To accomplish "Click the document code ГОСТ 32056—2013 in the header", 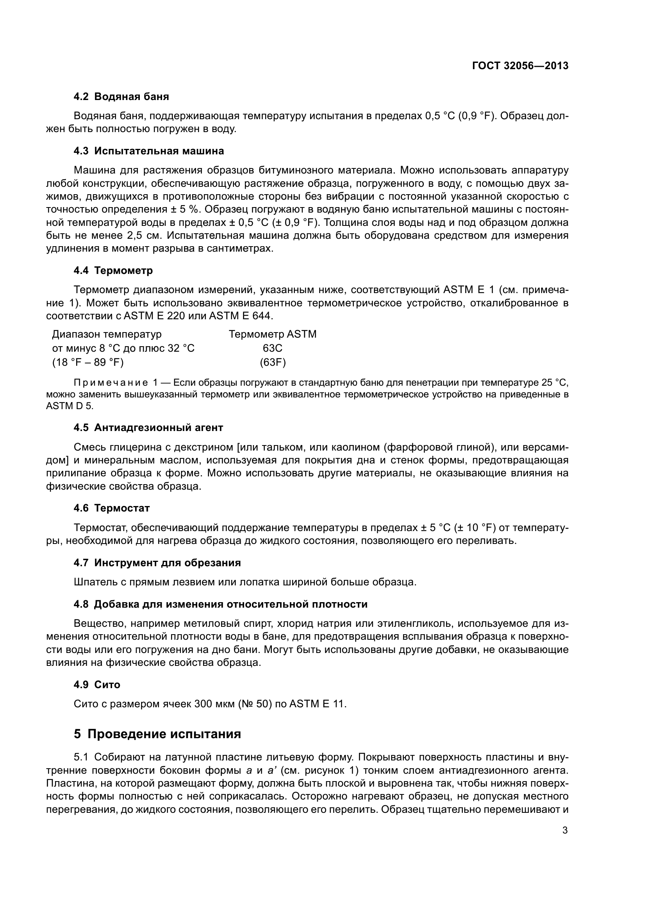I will click(x=520, y=66).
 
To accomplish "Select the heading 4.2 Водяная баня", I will click(x=121, y=97).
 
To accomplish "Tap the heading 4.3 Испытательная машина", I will click(x=149, y=151).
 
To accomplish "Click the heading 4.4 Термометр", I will click(x=113, y=271).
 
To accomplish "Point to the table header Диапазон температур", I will click(x=107, y=334).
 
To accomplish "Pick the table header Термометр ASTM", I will click(x=273, y=334).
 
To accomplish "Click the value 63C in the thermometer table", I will click(x=273, y=348).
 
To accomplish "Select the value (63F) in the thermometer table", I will click(x=273, y=362).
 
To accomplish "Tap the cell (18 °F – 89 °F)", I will click(x=88, y=362).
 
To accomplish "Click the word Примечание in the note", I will click(x=110, y=383).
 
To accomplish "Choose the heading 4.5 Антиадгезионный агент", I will click(x=148, y=427).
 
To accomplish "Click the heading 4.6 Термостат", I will click(x=112, y=508).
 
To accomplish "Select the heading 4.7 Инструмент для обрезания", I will click(x=157, y=563).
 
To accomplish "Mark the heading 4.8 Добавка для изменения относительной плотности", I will click(x=220, y=604).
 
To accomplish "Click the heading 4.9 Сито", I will click(x=96, y=685).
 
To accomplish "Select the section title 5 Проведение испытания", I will click(x=157, y=734).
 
